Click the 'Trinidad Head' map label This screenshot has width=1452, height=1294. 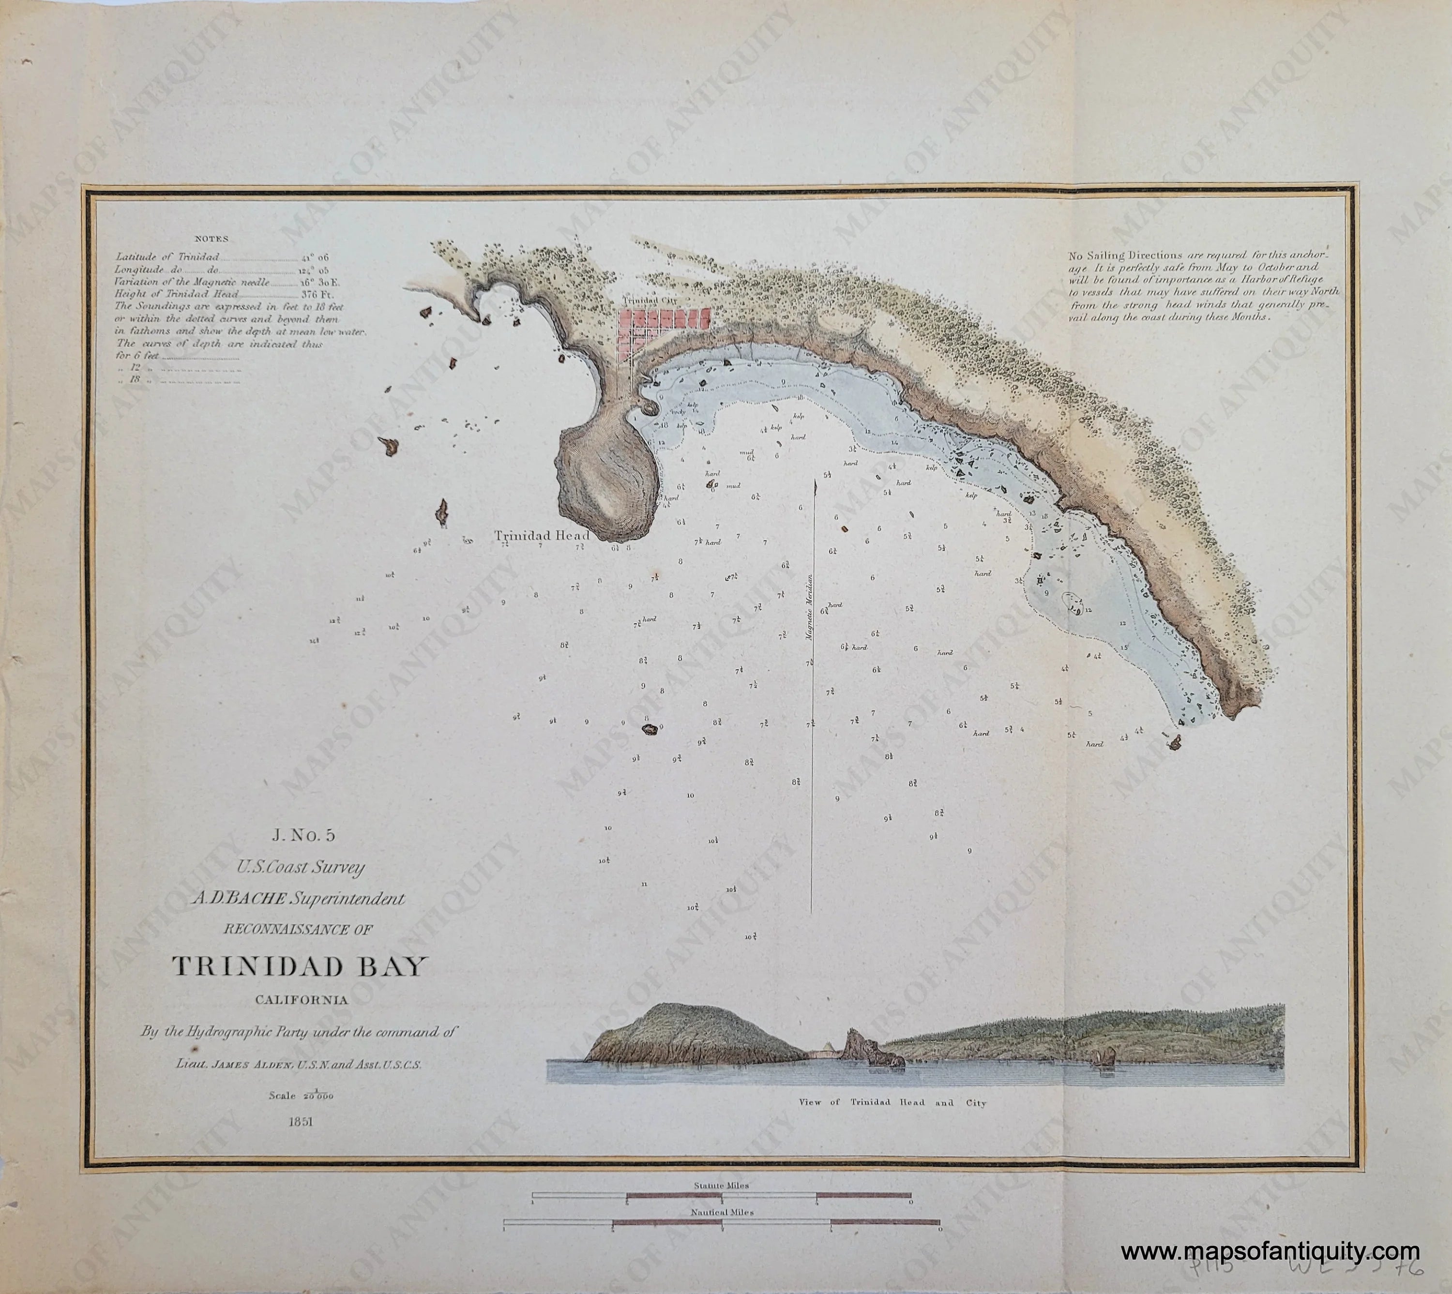542,536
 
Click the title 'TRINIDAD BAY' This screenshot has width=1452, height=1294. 300,966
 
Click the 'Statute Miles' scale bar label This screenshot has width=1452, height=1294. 722,1185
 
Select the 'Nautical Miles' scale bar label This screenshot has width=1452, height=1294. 722,1212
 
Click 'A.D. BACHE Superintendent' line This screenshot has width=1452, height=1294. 299,899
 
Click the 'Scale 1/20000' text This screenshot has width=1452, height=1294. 301,1095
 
